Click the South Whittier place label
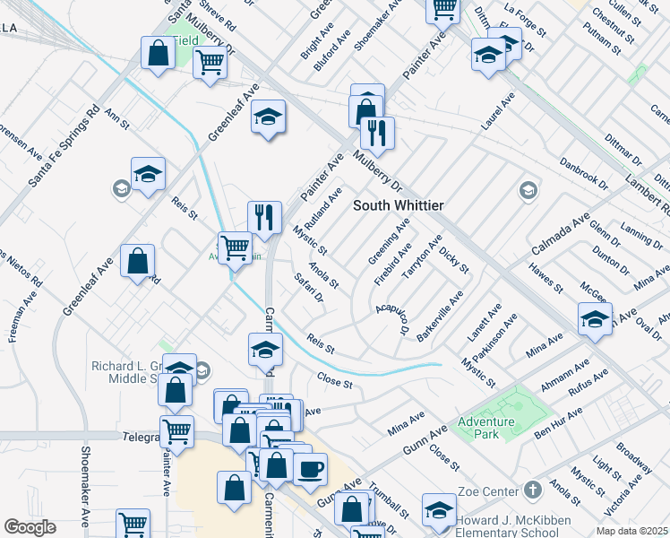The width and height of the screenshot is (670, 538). point(398,205)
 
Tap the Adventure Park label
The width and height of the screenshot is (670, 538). point(485,429)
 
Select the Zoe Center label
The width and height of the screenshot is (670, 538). point(487,491)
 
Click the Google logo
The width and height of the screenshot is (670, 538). point(30,527)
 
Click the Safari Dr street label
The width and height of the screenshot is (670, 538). point(308,288)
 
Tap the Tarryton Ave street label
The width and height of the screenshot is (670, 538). point(423,257)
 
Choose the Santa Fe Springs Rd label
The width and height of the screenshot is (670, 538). point(63,149)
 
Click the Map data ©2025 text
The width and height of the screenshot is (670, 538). point(631,531)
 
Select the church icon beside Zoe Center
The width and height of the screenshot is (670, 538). point(533,490)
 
